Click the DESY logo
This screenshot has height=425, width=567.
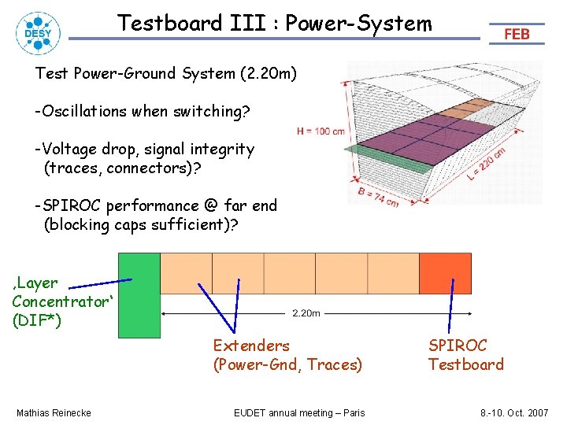[x=32, y=32]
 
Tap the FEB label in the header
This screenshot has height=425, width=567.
[x=517, y=35]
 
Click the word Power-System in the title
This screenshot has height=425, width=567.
[x=358, y=24]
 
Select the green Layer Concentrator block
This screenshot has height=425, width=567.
[x=139, y=294]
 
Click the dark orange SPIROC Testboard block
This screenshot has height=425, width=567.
[x=445, y=273]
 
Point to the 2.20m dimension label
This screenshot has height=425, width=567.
[x=306, y=313]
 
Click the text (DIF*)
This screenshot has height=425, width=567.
[x=38, y=320]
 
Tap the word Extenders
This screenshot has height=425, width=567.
[x=251, y=345]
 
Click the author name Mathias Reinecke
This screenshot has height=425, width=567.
[x=54, y=413]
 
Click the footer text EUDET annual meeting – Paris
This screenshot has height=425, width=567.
[x=299, y=413]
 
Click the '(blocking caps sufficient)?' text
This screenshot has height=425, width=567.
[x=135, y=224]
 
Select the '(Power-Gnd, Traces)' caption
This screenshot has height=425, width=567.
[x=287, y=364]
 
